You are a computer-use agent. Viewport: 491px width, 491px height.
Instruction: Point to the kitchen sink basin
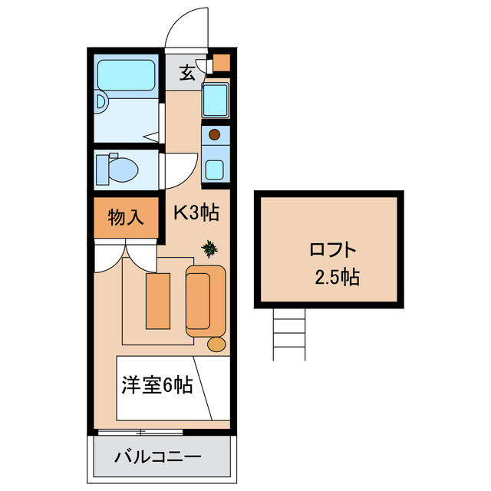click(216, 100)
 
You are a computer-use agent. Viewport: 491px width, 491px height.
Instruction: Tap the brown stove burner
click(215, 136)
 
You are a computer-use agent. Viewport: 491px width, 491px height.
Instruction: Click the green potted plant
click(209, 249)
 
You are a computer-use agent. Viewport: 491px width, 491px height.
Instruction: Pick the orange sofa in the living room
click(205, 300)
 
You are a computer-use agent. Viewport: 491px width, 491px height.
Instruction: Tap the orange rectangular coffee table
click(158, 300)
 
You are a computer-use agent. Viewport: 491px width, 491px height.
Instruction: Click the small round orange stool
click(217, 344)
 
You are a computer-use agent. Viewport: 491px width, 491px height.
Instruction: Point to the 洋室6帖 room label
click(157, 386)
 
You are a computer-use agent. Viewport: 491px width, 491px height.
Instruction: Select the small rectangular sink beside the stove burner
click(216, 168)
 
